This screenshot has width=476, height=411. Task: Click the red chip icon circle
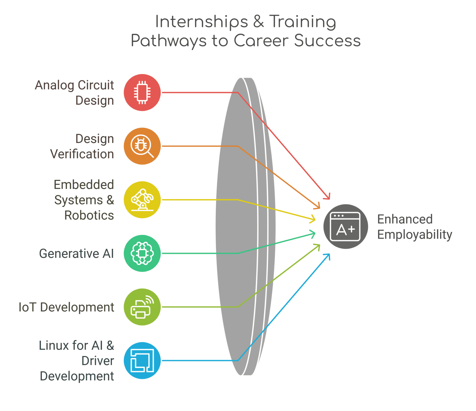pyautogui.click(x=142, y=93)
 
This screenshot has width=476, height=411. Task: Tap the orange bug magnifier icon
pyautogui.click(x=142, y=146)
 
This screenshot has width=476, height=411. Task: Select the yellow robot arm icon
pyautogui.click(x=142, y=200)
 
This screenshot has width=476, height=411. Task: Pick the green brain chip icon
pyautogui.click(x=142, y=253)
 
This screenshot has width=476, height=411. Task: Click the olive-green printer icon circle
pyautogui.click(x=142, y=307)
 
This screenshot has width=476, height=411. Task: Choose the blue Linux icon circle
pyautogui.click(x=142, y=360)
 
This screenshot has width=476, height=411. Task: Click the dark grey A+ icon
pyautogui.click(x=346, y=226)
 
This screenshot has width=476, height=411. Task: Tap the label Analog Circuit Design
pyautogui.click(x=74, y=93)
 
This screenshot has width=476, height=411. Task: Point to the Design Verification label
pyautogui.click(x=82, y=146)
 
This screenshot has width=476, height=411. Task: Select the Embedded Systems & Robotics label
pyautogui.click(x=84, y=200)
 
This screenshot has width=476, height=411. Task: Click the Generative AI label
pyautogui.click(x=76, y=254)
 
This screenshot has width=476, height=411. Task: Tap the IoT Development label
pyautogui.click(x=66, y=307)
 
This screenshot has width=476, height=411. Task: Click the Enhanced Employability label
pyautogui.click(x=415, y=227)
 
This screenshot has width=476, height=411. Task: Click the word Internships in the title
pyautogui.click(x=202, y=22)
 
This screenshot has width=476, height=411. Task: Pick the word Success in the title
pyautogui.click(x=327, y=40)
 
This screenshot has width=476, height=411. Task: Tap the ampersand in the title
pyautogui.click(x=259, y=22)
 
